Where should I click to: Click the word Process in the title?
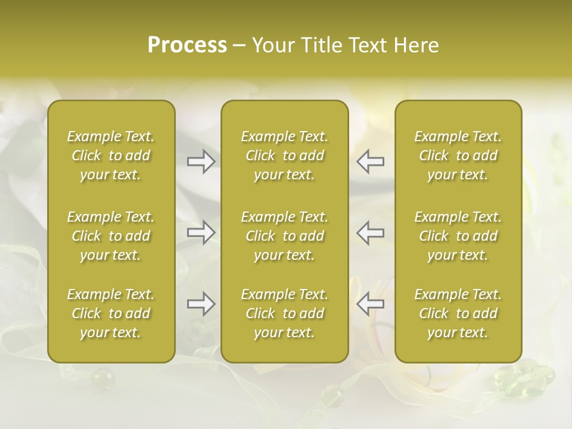pyautogui.click(x=187, y=45)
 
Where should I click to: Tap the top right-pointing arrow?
pyautogui.click(x=201, y=161)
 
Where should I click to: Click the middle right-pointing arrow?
pyautogui.click(x=201, y=232)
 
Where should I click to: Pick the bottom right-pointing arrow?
pyautogui.click(x=201, y=304)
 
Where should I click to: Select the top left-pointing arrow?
pyautogui.click(x=371, y=161)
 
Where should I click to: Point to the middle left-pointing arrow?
pyautogui.click(x=371, y=232)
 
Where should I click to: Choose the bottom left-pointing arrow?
pyautogui.click(x=371, y=304)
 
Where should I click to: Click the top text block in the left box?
pyautogui.click(x=111, y=156)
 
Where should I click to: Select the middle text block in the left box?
pyautogui.click(x=111, y=236)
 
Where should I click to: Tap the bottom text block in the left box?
pyautogui.click(x=111, y=313)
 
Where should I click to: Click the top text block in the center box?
pyautogui.click(x=285, y=156)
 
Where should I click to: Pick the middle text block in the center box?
pyautogui.click(x=285, y=236)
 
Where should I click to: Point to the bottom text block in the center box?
pyautogui.click(x=285, y=313)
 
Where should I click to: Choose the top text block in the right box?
pyautogui.click(x=458, y=156)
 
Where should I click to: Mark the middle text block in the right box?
pyautogui.click(x=458, y=236)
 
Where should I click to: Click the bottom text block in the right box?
pyautogui.click(x=458, y=313)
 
